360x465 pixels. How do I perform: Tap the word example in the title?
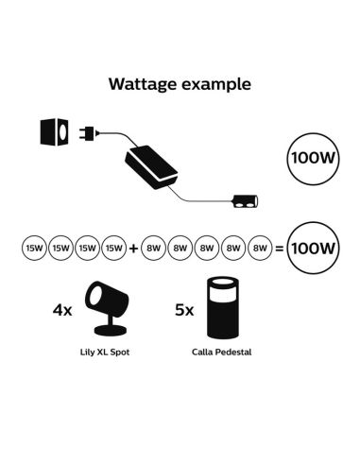(218, 84)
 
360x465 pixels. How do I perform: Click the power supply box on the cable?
(153, 168)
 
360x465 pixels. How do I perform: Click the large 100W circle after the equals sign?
(312, 250)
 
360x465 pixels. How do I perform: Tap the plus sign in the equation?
(134, 250)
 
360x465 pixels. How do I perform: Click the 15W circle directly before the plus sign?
(113, 250)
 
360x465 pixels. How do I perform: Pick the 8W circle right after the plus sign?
(155, 250)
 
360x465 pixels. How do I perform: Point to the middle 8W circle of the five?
(207, 250)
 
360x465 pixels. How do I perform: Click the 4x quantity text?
(64, 309)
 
